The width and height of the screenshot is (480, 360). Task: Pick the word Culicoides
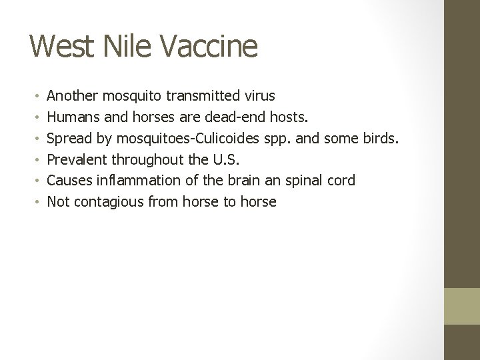[x=219, y=139]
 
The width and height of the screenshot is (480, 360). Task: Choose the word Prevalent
[x=77, y=159]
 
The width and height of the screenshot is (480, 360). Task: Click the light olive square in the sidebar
[x=462, y=306]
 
